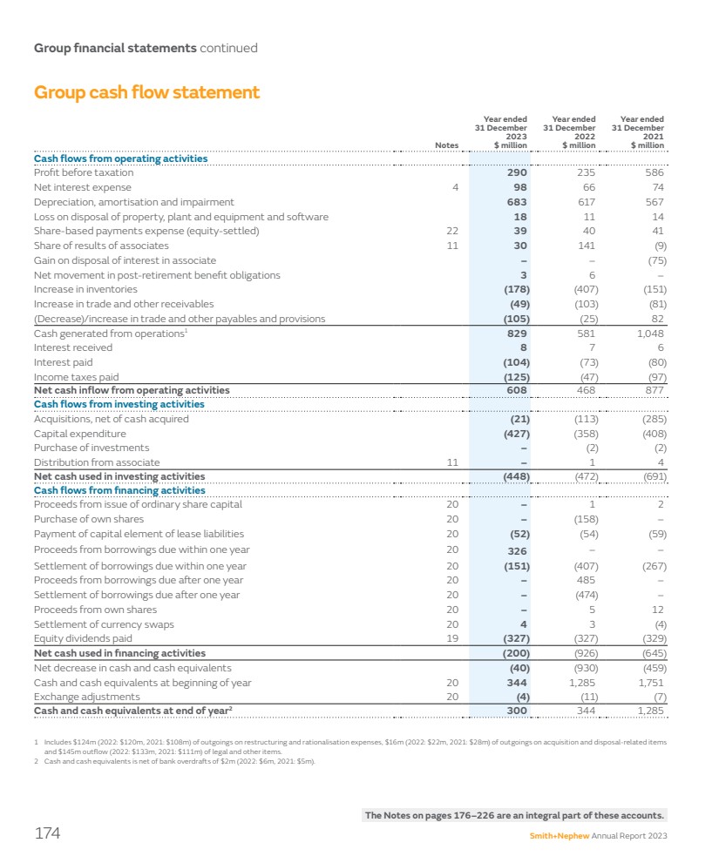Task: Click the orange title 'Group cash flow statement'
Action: click(x=146, y=92)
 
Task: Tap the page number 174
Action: click(x=47, y=833)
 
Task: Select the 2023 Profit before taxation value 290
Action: click(x=517, y=173)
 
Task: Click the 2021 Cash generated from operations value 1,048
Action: click(x=649, y=333)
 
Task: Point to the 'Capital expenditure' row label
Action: click(x=79, y=434)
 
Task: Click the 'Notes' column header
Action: click(x=447, y=145)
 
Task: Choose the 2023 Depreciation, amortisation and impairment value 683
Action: click(x=517, y=202)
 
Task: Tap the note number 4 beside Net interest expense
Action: click(x=455, y=187)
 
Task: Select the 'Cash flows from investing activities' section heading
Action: click(x=119, y=404)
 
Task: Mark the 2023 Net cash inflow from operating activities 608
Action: click(x=517, y=390)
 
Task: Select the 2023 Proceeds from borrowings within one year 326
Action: click(x=517, y=549)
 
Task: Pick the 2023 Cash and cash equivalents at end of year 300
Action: click(x=517, y=711)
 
